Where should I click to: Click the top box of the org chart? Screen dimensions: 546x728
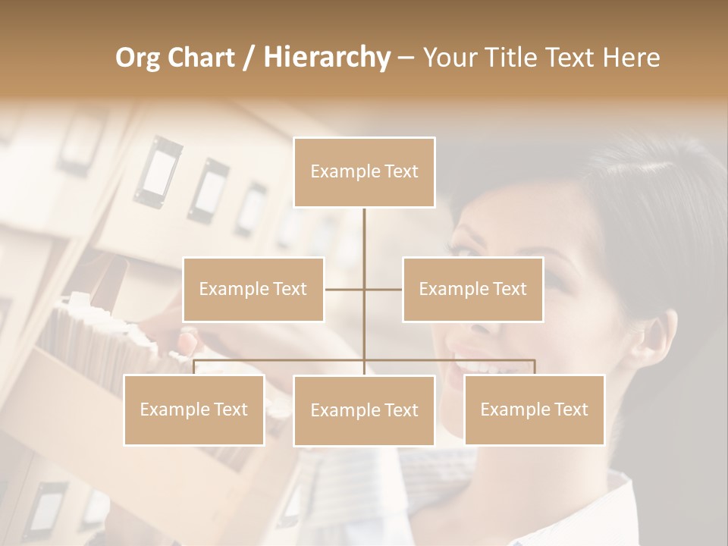coord(364,172)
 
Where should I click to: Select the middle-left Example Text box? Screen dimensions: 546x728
coord(253,289)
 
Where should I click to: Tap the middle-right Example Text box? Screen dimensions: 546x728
coord(472,289)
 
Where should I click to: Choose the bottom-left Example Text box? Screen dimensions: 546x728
coord(194,409)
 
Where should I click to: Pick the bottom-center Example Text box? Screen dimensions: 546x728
coord(364,410)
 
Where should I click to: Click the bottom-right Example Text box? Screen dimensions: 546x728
coord(534,409)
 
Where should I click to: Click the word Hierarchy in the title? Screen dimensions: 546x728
coord(326,57)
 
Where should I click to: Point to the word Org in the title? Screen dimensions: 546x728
coord(139,58)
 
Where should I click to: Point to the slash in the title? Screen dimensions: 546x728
coord(249,58)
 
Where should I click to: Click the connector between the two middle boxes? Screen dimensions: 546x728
coord(345,289)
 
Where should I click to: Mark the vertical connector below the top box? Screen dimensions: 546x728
coord(364,235)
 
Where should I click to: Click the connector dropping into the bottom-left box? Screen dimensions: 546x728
coord(194,368)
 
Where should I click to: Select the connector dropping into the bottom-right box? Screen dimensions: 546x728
coord(534,368)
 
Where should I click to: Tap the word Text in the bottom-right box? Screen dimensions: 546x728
coord(571,409)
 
